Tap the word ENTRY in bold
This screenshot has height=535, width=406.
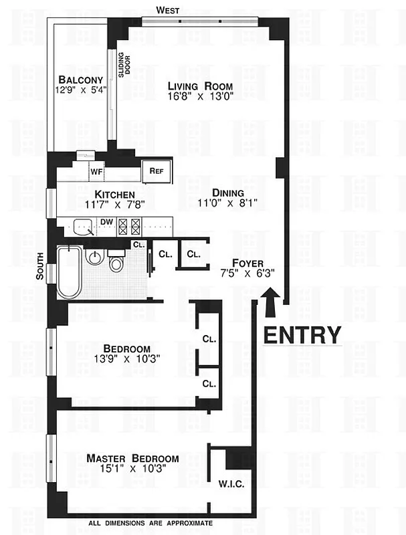302,334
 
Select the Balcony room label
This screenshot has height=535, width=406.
80,80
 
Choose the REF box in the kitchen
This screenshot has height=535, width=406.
157,171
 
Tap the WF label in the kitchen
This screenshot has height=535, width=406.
96,171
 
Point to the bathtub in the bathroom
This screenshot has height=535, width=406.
70,273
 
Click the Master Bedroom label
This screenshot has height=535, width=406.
132,458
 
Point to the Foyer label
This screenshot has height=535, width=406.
247,262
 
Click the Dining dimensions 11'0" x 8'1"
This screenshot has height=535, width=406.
227,202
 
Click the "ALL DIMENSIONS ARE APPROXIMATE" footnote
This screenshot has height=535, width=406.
150,523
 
